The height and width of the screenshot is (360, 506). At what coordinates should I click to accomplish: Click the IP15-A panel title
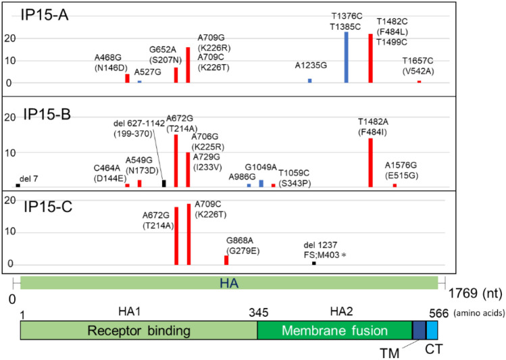point(43,14)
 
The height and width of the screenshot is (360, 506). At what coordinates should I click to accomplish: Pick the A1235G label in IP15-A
point(310,66)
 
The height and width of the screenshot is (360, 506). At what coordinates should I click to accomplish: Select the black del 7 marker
point(18,184)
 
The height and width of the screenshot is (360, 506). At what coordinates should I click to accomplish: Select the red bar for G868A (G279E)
point(226,260)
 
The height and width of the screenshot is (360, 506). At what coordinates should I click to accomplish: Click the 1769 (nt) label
point(475,294)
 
